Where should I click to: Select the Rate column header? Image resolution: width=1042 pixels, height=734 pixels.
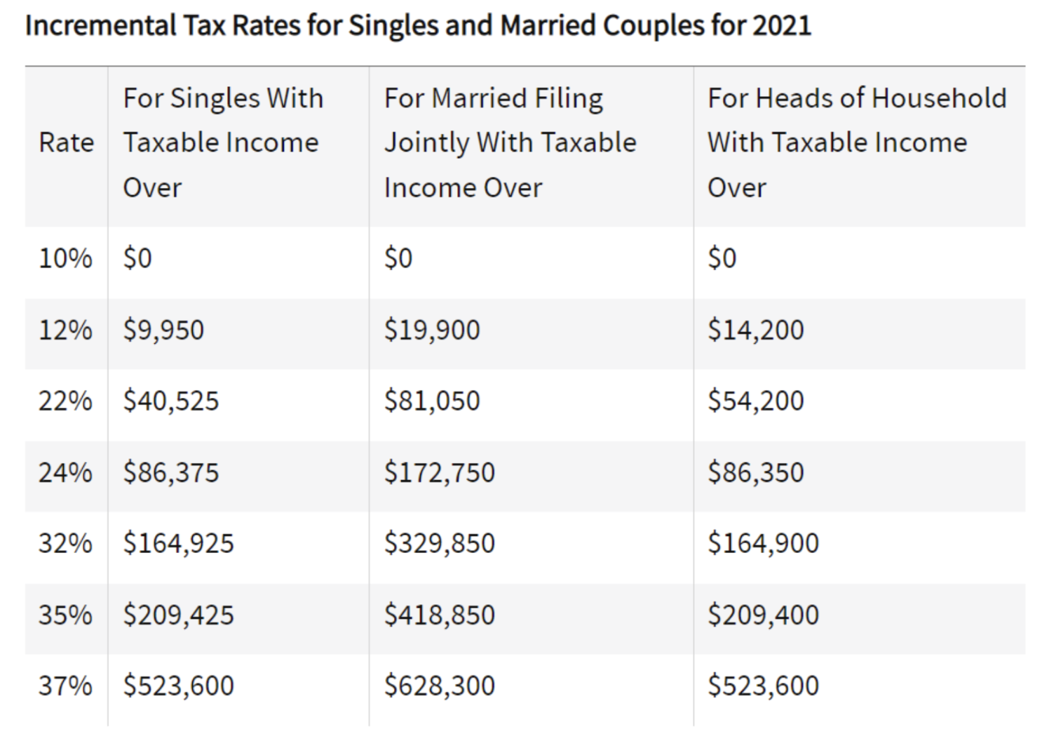tap(66, 142)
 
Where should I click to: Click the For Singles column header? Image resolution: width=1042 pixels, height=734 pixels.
tap(223, 142)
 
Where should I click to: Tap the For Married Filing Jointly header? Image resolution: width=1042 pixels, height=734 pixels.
tap(510, 142)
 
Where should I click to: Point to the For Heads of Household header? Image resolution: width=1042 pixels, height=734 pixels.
tap(856, 142)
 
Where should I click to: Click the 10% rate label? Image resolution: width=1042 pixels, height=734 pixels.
tap(65, 258)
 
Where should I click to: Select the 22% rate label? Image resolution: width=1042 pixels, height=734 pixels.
tap(65, 401)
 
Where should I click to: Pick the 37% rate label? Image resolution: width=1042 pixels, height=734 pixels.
tap(65, 686)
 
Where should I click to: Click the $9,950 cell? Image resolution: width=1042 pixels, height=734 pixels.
tap(163, 330)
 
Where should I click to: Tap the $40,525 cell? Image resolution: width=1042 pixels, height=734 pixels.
tap(171, 401)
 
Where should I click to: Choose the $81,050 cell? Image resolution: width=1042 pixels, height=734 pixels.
tap(432, 401)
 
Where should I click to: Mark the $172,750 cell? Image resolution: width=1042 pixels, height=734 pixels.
tap(440, 473)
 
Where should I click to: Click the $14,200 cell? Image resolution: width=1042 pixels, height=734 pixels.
tap(755, 330)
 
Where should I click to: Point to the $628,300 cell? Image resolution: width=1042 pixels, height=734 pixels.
tap(440, 686)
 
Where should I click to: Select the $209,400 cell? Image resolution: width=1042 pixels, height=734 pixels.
tap(763, 615)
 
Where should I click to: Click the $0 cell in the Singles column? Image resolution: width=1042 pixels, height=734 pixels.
tap(137, 258)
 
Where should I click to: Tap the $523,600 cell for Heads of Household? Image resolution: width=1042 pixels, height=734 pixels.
tap(763, 686)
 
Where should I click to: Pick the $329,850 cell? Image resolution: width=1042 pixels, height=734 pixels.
tap(440, 544)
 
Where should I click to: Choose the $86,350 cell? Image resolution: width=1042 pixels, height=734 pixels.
tap(755, 473)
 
